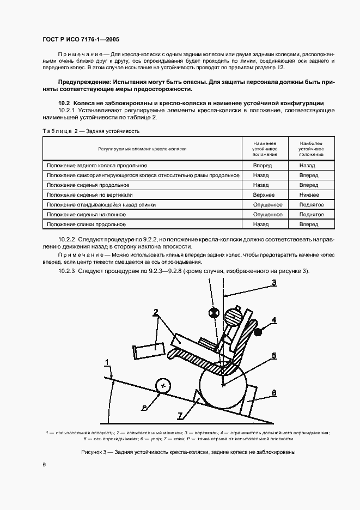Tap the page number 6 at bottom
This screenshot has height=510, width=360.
pos(44,463)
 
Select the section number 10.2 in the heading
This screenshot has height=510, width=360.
pos(64,103)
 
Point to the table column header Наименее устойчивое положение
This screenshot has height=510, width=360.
pos(265,148)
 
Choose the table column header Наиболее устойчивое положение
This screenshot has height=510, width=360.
pos(311,148)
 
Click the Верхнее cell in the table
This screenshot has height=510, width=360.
pos(264,195)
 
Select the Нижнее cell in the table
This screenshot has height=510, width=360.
pos(308,195)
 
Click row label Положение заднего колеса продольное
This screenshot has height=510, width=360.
pos(97,165)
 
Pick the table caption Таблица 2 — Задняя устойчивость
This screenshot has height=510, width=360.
pos(91,131)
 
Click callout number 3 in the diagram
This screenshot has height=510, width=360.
pos(274,282)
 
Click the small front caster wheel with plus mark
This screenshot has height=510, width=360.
pos(162,385)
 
